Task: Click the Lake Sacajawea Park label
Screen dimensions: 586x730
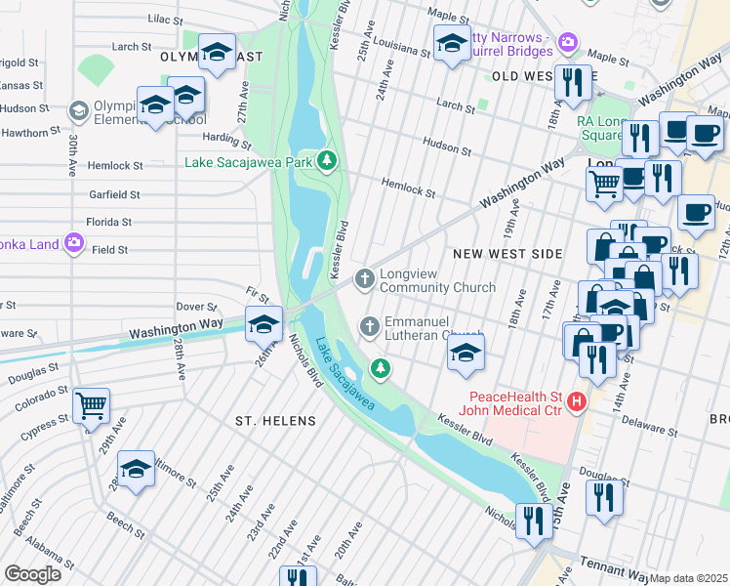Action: pos(248,160)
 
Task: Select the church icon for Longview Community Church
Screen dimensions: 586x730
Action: pos(365,279)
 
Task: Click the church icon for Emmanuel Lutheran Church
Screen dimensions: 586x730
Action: pos(370,326)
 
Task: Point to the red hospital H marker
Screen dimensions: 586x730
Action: pos(578,400)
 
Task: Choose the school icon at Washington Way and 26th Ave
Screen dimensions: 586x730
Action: pos(264,323)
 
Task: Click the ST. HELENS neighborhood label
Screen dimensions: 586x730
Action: pos(275,420)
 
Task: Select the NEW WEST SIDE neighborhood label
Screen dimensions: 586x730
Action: pos(507,254)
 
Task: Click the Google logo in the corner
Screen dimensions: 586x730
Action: pos(32,574)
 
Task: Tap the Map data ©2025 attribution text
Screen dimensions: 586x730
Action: pos(689,578)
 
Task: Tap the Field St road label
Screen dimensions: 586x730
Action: pos(109,250)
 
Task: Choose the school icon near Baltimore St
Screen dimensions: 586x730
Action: pos(137,469)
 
